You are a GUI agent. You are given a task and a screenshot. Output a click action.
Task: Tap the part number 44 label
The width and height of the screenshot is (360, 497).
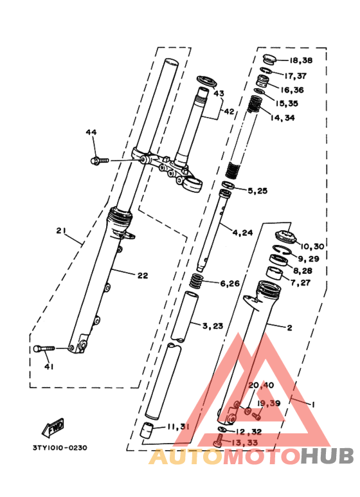click(91, 132)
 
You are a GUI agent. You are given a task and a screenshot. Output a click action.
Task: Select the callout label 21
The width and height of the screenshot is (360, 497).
click(61, 231)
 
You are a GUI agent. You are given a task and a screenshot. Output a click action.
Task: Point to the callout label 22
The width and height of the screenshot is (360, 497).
click(142, 275)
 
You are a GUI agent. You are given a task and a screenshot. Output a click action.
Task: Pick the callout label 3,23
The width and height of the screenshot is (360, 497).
click(213, 326)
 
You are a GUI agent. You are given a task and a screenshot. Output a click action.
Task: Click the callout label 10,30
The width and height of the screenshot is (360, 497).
click(312, 246)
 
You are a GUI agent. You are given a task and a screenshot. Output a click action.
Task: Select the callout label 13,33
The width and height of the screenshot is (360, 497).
click(246, 442)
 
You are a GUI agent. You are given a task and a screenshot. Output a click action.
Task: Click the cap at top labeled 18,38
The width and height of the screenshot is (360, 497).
click(268, 60)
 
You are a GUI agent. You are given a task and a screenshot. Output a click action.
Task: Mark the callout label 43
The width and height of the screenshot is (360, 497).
click(219, 94)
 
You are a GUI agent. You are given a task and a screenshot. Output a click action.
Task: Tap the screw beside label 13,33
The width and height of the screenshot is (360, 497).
click(218, 442)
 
